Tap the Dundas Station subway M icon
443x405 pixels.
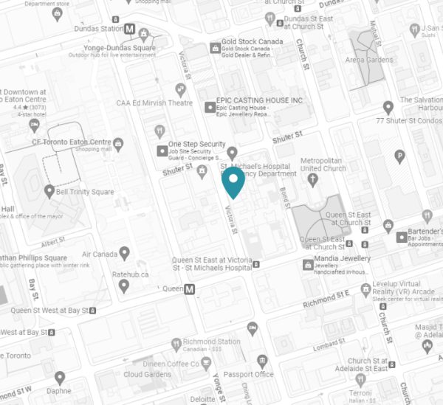[130, 30]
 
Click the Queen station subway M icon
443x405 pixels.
[190, 290]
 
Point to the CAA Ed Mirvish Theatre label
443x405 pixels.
[154, 103]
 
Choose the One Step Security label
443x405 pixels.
[196, 144]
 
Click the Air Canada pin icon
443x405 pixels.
[126, 254]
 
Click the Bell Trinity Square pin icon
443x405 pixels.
[49, 191]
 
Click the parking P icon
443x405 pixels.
[400, 156]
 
